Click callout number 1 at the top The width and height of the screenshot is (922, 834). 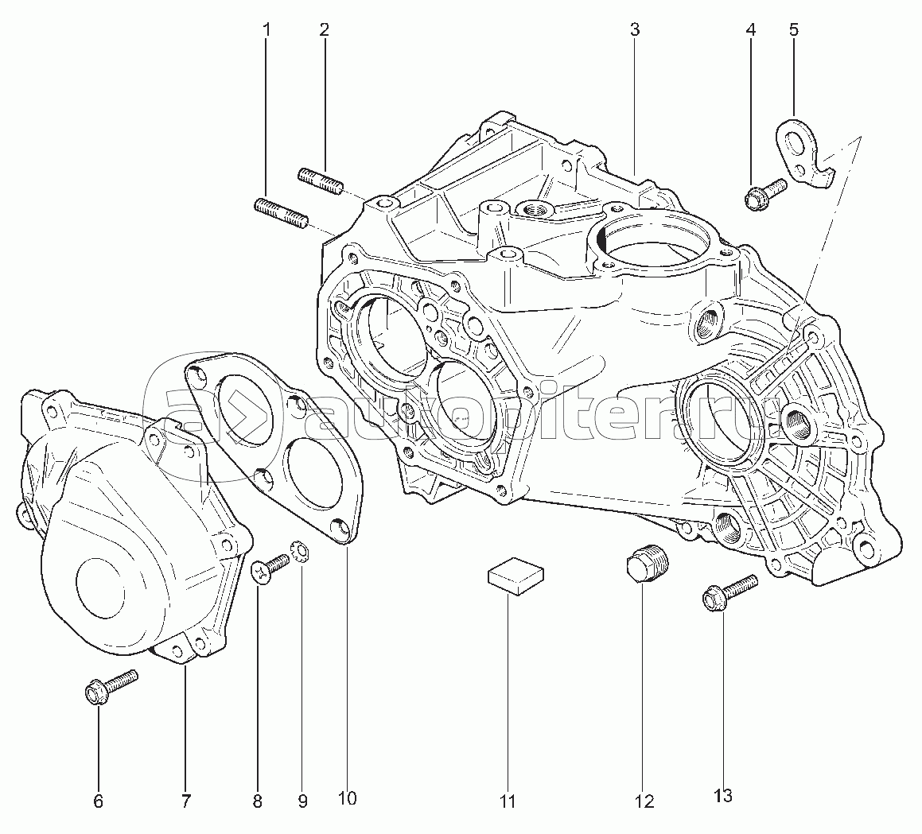pos(267,29)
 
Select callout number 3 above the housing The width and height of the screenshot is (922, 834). pos(635,29)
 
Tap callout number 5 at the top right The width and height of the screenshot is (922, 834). pos(794,29)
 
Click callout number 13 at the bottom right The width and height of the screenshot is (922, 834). pos(724,796)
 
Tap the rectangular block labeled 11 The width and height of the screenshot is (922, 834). pos(515,574)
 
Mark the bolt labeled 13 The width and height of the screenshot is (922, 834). pos(729,594)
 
